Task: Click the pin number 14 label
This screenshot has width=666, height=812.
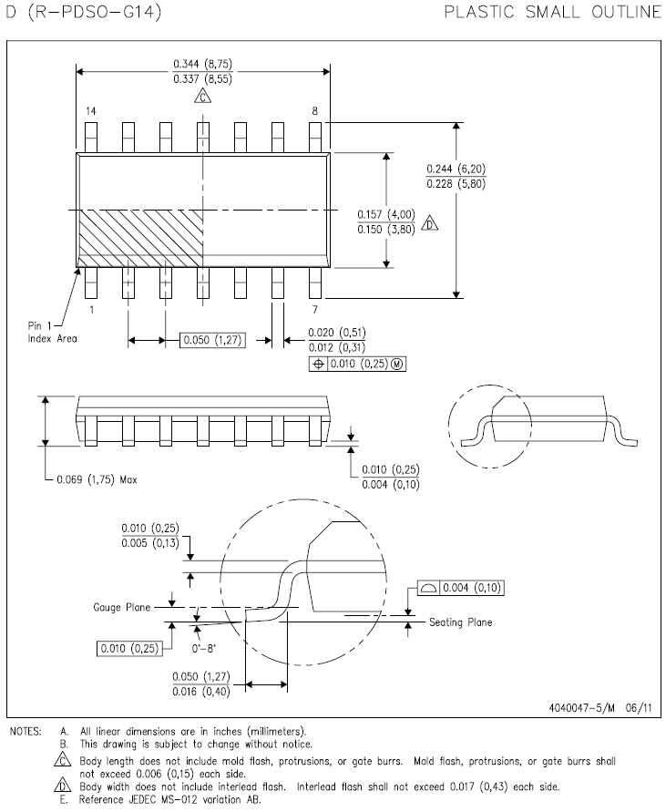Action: (90, 111)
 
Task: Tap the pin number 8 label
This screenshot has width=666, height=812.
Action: (315, 111)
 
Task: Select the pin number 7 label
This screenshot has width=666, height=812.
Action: (315, 310)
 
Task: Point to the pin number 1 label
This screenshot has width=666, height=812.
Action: (92, 310)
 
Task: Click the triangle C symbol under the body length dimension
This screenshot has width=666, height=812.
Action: (203, 96)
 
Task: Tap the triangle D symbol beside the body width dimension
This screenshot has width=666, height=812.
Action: (430, 222)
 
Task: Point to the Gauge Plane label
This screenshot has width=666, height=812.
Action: (122, 607)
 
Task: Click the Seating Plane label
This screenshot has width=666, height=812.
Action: (460, 622)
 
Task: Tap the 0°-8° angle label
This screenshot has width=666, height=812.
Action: (203, 648)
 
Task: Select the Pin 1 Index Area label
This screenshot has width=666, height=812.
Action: (52, 332)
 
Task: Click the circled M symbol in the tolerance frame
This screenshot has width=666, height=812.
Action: (396, 364)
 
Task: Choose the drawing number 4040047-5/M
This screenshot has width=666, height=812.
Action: (581, 708)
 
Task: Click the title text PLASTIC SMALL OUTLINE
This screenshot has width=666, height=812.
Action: (553, 12)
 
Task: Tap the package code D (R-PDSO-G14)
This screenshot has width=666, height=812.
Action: (84, 12)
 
